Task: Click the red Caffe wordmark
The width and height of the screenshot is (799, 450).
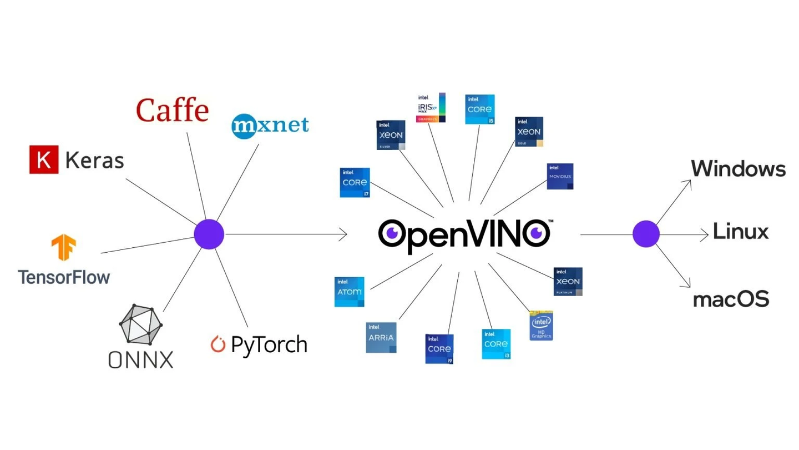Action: coord(172,110)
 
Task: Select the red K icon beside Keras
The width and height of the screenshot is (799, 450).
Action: coord(44,160)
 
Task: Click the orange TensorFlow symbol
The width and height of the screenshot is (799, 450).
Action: coord(64,248)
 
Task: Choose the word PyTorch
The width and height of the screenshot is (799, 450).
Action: coord(269,344)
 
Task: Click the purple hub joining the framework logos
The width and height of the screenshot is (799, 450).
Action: coord(209,234)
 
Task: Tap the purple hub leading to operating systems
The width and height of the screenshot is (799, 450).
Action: coord(646,234)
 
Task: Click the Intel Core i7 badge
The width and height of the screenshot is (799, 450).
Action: coord(355,182)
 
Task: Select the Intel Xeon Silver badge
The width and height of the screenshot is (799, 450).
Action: coord(391,135)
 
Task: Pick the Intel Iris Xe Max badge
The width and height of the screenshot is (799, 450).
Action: coord(431,107)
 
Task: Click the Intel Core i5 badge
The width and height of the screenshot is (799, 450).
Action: coord(479,109)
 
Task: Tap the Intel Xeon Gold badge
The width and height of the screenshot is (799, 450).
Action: coord(529,132)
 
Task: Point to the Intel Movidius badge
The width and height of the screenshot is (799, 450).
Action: coord(560,176)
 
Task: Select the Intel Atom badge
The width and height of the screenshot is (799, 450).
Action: coord(349,292)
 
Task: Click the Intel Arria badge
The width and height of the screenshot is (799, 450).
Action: coord(381,337)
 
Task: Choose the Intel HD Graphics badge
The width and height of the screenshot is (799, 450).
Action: coord(541,326)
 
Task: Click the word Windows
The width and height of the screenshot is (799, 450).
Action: coord(738,168)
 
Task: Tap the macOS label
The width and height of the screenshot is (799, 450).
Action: coord(731,299)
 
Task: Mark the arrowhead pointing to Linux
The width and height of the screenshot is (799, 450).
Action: coord(705,234)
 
